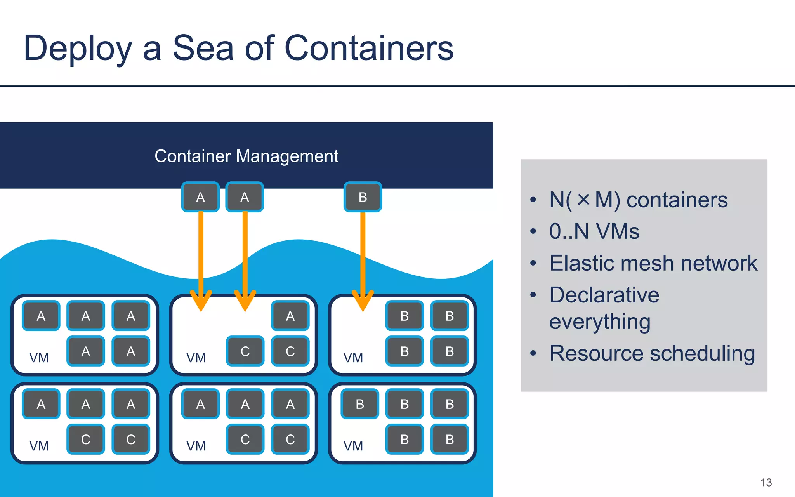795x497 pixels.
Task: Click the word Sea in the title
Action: coord(203,48)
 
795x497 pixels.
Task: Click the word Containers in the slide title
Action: coord(369,48)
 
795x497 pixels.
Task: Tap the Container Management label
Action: coord(246,156)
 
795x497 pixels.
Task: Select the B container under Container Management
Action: coord(363,197)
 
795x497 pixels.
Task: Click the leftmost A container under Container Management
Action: coord(200,197)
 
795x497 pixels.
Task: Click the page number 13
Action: coord(766,483)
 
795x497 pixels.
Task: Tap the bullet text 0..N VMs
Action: coord(594,231)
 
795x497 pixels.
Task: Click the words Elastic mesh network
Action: coord(653,263)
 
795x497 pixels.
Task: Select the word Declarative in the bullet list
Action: coord(604,295)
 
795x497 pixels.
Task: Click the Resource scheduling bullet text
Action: coord(652,353)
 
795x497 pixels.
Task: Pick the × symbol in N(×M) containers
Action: coord(583,200)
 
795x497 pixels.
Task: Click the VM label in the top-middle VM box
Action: coord(196,358)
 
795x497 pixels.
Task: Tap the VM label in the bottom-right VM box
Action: coord(353,446)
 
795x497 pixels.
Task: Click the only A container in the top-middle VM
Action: coord(290,316)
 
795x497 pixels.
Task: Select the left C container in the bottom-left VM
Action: coord(86,440)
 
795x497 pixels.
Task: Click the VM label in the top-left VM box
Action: coord(39,358)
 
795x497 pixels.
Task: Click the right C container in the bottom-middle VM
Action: coord(290,440)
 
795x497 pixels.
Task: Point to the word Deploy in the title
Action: coord(78,48)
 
